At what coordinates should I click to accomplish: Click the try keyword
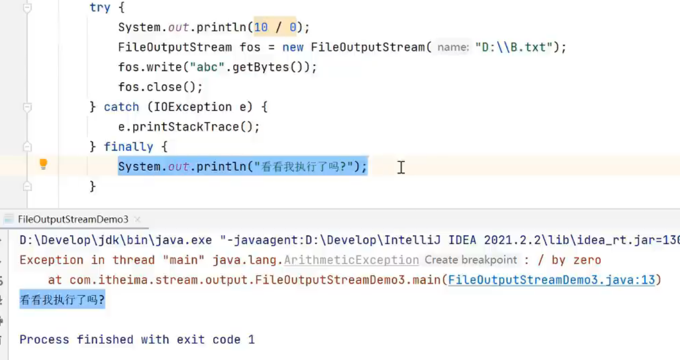pos(100,7)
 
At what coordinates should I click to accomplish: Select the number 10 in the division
pos(261,27)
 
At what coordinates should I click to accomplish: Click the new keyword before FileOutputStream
pos(293,47)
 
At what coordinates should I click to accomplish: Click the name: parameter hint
pos(453,47)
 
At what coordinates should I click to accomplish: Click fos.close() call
pos(160,87)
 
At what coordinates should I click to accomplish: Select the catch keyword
pos(121,107)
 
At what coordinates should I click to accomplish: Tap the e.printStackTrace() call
pos(189,127)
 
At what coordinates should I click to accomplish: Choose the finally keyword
pos(128,147)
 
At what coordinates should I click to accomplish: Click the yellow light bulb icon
pos(43,164)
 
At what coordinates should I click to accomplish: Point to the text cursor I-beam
pos(401,167)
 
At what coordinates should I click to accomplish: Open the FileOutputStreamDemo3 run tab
pos(73,219)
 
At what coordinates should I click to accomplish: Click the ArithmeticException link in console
pos(351,260)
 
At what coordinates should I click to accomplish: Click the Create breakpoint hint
pos(471,260)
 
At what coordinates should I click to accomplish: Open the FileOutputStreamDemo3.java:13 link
pos(551,280)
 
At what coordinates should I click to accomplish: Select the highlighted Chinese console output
pos(62,300)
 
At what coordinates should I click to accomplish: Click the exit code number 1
pos(251,340)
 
